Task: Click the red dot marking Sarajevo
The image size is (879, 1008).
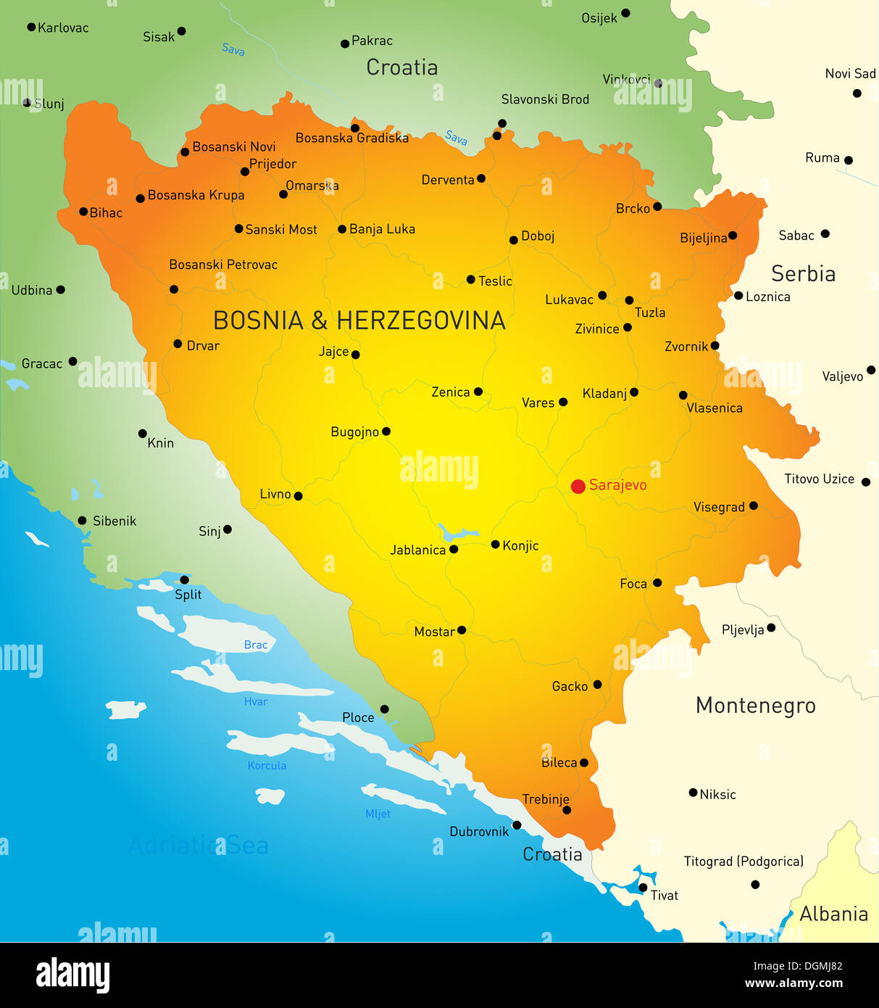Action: coord(578,487)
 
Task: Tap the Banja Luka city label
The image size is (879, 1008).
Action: coord(382,229)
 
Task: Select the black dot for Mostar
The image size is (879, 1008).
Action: coord(462,630)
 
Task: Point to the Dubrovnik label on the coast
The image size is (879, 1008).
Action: coord(479,832)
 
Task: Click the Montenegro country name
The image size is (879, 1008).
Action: coord(755,705)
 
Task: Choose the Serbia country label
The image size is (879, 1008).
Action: coord(803,273)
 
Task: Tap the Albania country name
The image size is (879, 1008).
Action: coord(833,914)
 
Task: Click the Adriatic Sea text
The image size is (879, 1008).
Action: coord(199,846)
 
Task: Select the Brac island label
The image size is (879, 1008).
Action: coord(256,645)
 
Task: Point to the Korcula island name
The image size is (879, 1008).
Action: coord(267,766)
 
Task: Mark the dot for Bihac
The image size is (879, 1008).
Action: coord(83,212)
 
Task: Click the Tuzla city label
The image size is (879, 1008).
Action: coord(650,313)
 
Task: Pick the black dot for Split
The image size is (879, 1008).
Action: coord(184,580)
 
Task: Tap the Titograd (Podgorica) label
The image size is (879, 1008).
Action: coord(743,862)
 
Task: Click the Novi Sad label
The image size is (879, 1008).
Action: coord(850,74)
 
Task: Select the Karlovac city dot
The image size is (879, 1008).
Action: coord(31,27)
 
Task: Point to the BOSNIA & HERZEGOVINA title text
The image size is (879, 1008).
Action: coord(359,321)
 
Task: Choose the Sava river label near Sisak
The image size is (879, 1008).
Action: coord(233,49)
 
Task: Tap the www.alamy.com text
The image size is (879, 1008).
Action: coord(793,983)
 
